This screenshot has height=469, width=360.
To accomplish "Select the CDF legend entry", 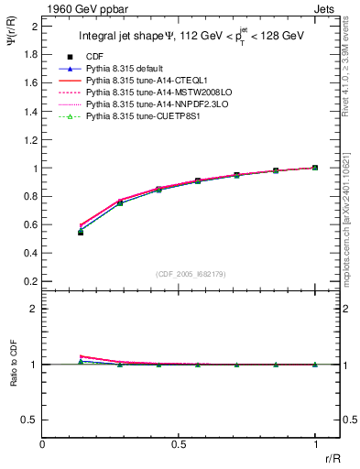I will click(x=94, y=56).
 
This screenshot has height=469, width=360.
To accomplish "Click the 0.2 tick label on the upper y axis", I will click(x=30, y=280).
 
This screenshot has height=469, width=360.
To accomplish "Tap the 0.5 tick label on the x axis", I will click(x=179, y=445).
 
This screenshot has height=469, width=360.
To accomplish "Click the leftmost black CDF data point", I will click(x=81, y=233).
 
